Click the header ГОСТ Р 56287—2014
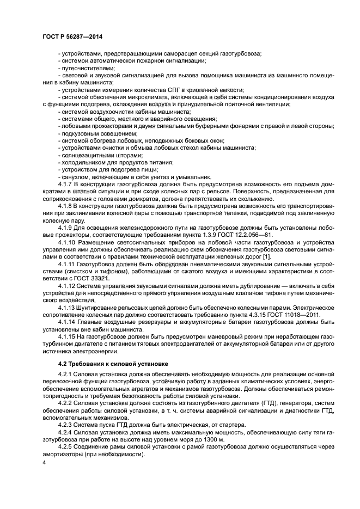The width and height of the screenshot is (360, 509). click(x=72, y=36)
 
